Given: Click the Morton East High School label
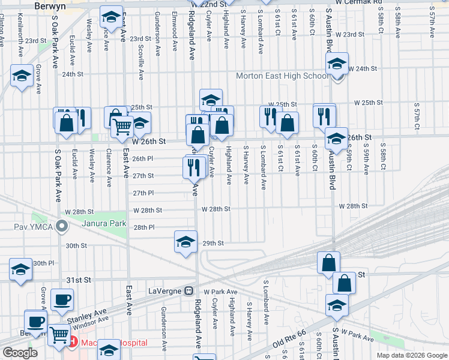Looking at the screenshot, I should pos(282,76).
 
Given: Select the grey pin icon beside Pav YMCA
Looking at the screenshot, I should pos(61,226).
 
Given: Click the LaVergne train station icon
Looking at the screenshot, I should pos(188,291).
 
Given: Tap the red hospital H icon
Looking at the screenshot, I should pos(73,343).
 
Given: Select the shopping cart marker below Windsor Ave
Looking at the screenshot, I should pos(58,335).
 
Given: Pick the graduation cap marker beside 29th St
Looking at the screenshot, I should pos(185,242).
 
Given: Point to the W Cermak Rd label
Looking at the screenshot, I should pos(359,3).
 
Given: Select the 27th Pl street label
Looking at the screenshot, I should pos(143,193).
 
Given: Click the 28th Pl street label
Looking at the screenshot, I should pos(144,228).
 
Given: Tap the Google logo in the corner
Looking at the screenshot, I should pos(20,352).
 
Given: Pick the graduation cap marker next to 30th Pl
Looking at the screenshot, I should pos(21,270).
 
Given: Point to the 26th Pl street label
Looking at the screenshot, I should pos(143,158).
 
